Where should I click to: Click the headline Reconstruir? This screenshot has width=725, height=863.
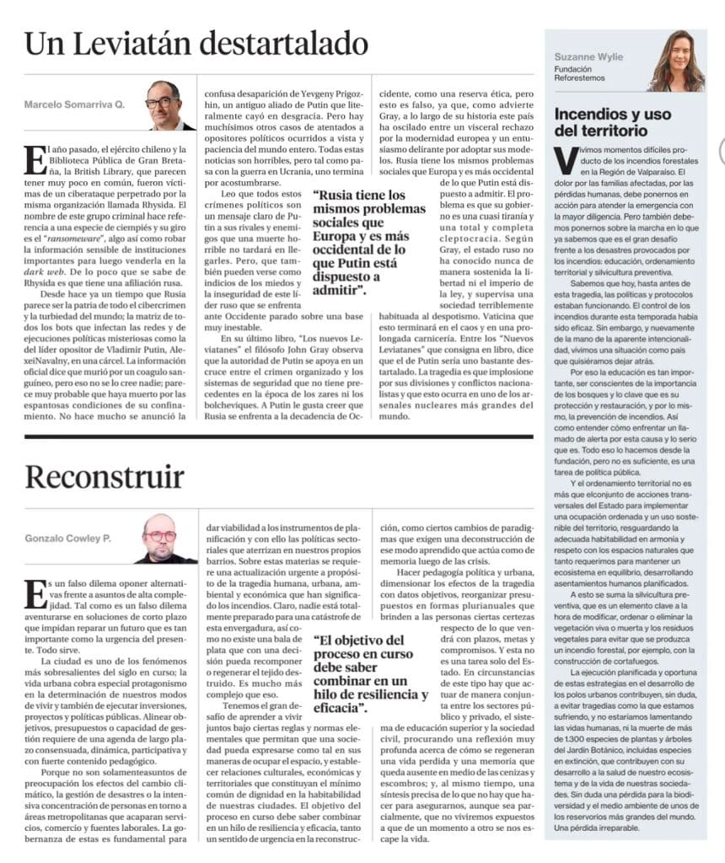pos(104,477)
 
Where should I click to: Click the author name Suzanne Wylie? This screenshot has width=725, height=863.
pos(588,57)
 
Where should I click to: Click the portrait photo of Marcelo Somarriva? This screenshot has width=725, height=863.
pos(165,105)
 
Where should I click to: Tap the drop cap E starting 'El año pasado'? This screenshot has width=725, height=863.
pos(34,158)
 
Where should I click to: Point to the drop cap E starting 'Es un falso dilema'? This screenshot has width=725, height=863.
pos(34,592)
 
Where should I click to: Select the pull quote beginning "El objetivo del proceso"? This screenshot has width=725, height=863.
pos(369,674)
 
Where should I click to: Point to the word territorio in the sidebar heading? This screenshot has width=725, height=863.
pos(611,131)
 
